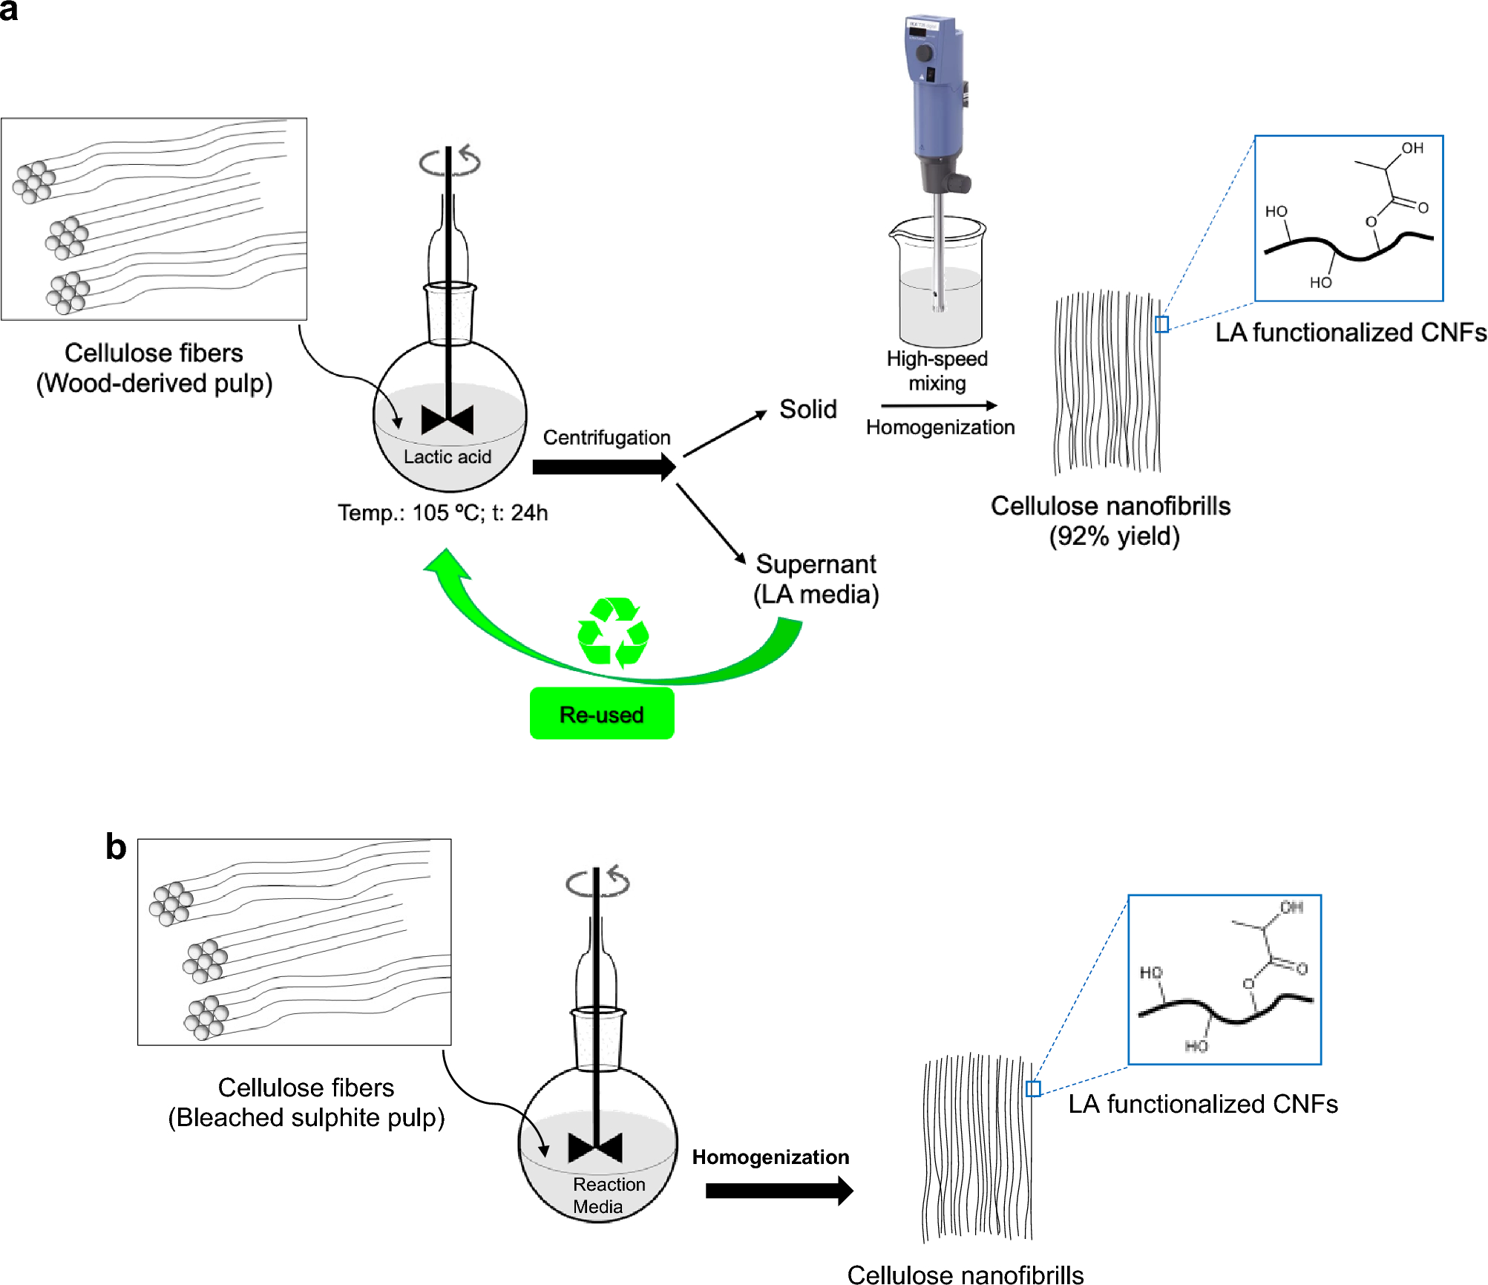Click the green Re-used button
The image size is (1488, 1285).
[x=601, y=714]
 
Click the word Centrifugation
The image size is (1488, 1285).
[x=606, y=437]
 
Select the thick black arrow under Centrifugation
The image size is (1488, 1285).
[x=603, y=467]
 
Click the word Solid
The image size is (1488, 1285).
[x=807, y=409]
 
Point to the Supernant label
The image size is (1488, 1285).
[x=816, y=564]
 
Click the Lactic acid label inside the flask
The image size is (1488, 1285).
[x=447, y=457]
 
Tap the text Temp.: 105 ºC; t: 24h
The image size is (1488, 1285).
[x=442, y=513]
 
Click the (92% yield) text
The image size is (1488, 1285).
[x=1113, y=536]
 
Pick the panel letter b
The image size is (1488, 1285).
[x=116, y=846]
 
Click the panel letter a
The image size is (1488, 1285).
[x=9, y=10]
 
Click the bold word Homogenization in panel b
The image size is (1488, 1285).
[x=770, y=1157]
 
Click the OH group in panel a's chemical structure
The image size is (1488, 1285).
[x=1412, y=148]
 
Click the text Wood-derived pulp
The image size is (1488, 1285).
[x=154, y=383]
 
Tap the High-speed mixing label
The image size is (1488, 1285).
[x=937, y=370]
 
